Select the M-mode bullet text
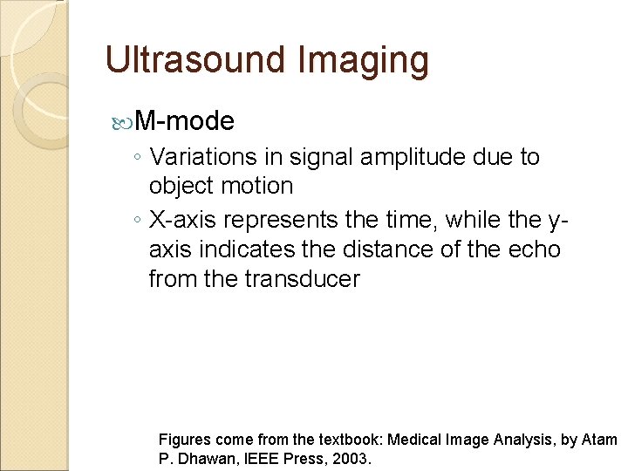pos(185,120)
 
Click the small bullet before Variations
pos(137,158)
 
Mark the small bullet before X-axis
pos(137,222)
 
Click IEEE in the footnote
pos(263,458)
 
